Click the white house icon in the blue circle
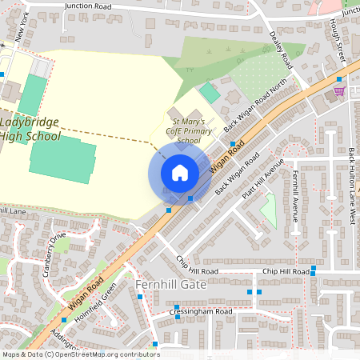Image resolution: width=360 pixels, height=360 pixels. point(179,173)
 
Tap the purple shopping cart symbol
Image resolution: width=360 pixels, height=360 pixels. point(339,90)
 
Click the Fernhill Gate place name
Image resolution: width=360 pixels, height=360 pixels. point(171,284)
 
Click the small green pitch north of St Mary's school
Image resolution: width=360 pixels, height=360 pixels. point(209,92)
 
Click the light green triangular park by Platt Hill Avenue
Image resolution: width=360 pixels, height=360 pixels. point(269,210)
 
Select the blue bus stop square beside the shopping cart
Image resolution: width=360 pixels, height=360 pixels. point(339,79)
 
